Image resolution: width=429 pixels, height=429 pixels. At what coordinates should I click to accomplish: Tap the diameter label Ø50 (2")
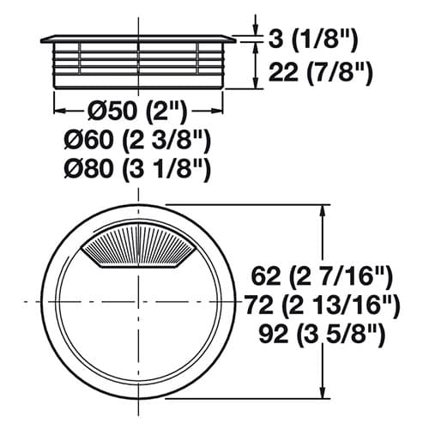coord(136,111)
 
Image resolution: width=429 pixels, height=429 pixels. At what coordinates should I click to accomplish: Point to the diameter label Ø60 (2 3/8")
coord(137,140)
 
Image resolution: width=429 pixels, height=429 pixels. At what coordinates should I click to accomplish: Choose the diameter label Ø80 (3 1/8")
coord(137,169)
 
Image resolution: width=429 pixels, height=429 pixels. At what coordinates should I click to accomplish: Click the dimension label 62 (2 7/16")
coord(322,276)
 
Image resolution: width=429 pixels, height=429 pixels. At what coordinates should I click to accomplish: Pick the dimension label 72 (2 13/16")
coord(323,305)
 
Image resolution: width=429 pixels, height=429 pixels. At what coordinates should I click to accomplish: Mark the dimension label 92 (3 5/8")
coord(322,334)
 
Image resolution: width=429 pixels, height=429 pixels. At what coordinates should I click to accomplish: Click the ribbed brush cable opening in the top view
coord(139,245)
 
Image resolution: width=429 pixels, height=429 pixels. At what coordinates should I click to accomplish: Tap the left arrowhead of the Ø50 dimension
coord(61,112)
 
